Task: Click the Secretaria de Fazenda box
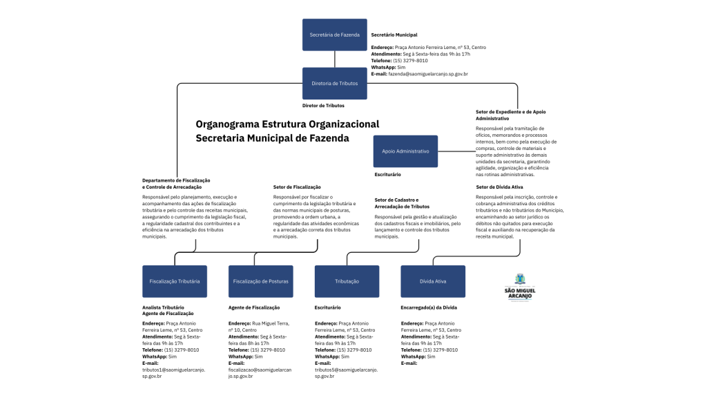[335, 35]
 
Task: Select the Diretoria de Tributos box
[335, 83]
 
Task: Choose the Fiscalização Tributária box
[175, 281]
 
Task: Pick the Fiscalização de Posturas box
[260, 281]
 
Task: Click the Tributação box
[347, 281]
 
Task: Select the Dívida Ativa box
[433, 281]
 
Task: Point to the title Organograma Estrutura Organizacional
[287, 124]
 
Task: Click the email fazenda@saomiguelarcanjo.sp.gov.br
[428, 74]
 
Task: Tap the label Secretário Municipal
[394, 35]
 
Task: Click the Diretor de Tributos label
[323, 106]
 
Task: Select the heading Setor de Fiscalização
[297, 187]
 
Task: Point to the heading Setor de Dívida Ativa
[499, 187]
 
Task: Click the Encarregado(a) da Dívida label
[428, 307]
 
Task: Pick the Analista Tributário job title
[163, 307]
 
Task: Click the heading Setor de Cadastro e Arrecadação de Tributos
[402, 203]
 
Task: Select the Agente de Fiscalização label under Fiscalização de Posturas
[253, 307]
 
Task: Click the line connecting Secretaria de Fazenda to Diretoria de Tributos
[335, 59]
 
